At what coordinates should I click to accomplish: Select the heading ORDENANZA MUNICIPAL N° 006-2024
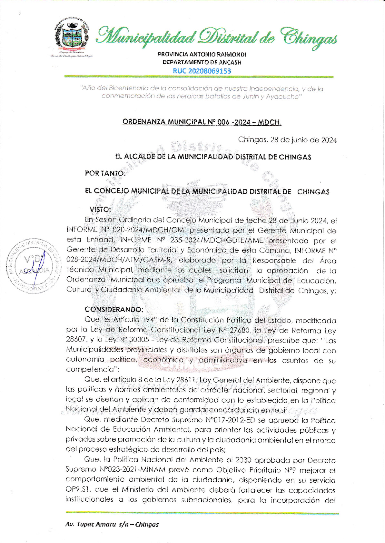(x=202, y=122)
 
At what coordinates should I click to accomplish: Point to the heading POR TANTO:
(x=105, y=173)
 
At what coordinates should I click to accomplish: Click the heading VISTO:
(x=100, y=209)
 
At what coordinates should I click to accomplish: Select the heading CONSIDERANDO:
(x=114, y=309)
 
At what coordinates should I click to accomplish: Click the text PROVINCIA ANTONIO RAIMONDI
(x=202, y=54)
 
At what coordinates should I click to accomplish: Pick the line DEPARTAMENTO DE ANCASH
(x=202, y=62)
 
